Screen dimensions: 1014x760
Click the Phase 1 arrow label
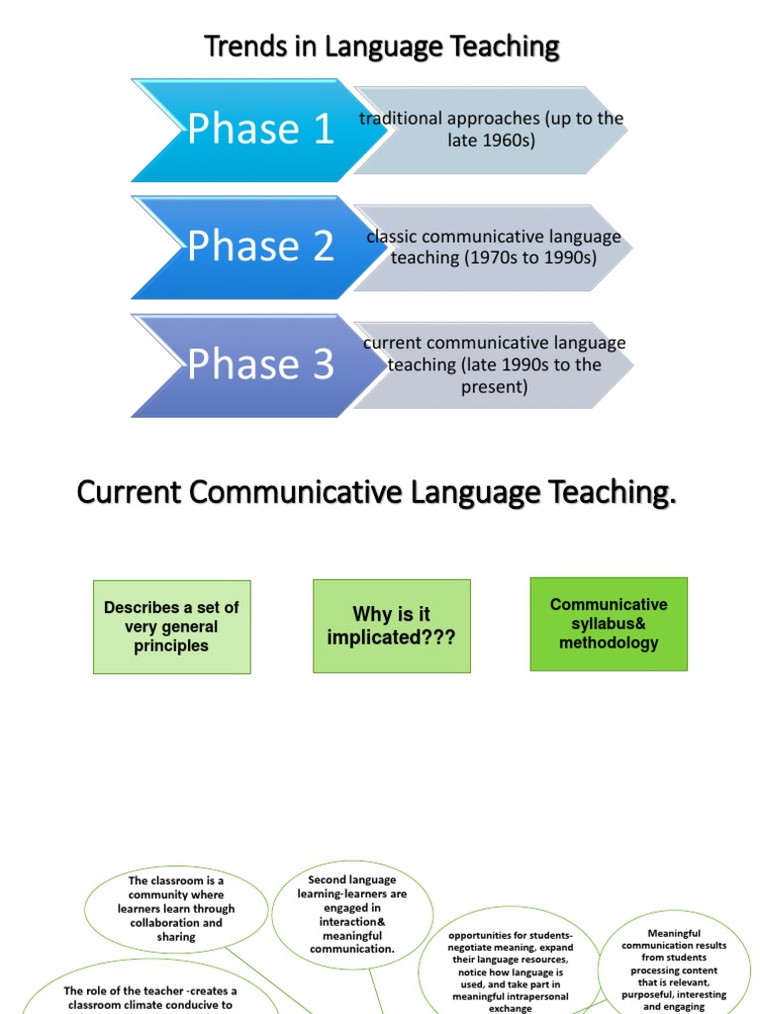coord(260,129)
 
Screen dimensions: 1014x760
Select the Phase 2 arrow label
coord(260,247)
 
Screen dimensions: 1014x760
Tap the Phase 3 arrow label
coord(260,364)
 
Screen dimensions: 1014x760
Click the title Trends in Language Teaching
coord(381,46)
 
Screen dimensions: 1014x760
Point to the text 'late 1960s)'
coord(491,141)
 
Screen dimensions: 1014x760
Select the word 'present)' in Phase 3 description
coord(494,387)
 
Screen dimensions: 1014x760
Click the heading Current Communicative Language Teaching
coord(376,491)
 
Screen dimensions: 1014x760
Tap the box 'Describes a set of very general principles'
coord(171,627)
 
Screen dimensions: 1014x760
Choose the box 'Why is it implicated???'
coord(391,627)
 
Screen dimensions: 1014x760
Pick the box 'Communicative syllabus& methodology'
coord(609,624)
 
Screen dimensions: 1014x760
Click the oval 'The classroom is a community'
coord(176,908)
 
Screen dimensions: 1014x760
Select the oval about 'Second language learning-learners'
coord(351,914)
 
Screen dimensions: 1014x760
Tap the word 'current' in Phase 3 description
coord(392,344)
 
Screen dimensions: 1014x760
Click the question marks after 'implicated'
coord(438,639)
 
